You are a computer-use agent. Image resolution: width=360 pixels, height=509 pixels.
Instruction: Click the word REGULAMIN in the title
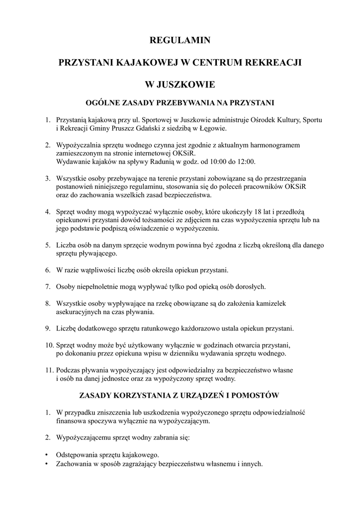point(180,40)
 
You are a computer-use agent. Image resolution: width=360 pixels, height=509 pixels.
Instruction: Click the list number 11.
point(49,370)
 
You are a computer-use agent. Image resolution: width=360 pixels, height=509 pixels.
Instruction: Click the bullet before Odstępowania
point(47,455)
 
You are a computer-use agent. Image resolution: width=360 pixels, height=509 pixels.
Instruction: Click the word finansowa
point(71,421)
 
